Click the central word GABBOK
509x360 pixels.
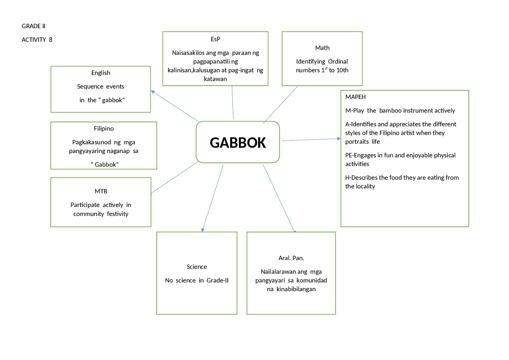pos(238,143)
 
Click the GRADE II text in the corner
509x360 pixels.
pos(33,26)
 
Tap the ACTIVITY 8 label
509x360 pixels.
pos(37,40)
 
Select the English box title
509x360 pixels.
pos(101,73)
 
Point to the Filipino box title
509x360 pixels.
pos(104,128)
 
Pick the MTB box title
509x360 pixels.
pos(101,191)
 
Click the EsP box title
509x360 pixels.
pos(216,39)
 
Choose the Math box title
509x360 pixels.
pos(322,48)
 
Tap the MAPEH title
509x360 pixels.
pos(356,97)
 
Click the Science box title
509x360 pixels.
pos(197,267)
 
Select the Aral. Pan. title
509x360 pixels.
pos(291,258)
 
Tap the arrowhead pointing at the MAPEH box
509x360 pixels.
pos(339,138)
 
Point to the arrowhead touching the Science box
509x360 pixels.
pos(203,230)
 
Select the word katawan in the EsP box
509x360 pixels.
pos(215,79)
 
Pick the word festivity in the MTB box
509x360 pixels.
pos(117,214)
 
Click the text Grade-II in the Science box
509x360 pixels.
pos(218,280)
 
